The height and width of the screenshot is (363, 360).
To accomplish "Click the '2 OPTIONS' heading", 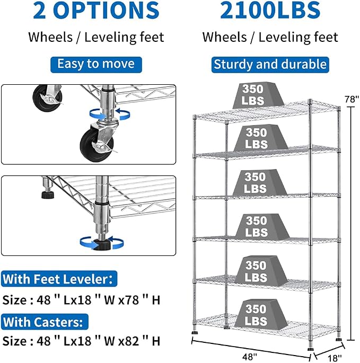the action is tap(96, 10).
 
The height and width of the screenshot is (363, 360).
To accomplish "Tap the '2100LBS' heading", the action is tap(270, 10).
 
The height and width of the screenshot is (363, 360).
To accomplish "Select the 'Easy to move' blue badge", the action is tap(96, 65).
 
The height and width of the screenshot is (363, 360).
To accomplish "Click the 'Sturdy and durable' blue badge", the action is tap(270, 65).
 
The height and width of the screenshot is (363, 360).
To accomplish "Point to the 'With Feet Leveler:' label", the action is tap(59, 279).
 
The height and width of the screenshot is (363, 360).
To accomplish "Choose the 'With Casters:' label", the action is tap(45, 322).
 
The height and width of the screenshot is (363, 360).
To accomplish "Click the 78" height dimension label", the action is tap(352, 99).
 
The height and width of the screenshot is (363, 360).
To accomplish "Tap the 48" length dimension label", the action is tap(250, 357).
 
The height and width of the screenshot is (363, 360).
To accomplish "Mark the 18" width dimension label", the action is tap(334, 358).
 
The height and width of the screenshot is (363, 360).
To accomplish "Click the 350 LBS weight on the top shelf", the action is tap(258, 95).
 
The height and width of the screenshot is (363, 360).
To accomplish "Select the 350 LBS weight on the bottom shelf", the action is tap(261, 315).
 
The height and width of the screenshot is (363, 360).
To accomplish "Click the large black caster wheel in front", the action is tap(98, 145).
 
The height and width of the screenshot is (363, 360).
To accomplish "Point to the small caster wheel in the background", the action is tap(48, 98).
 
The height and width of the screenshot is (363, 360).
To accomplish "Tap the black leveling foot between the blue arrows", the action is tap(102, 244).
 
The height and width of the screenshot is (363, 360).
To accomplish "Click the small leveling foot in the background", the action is tap(48, 194).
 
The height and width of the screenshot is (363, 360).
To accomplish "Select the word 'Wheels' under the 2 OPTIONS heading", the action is tap(50, 37).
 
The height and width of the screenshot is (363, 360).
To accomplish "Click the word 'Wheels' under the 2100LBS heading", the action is tap(224, 37).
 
